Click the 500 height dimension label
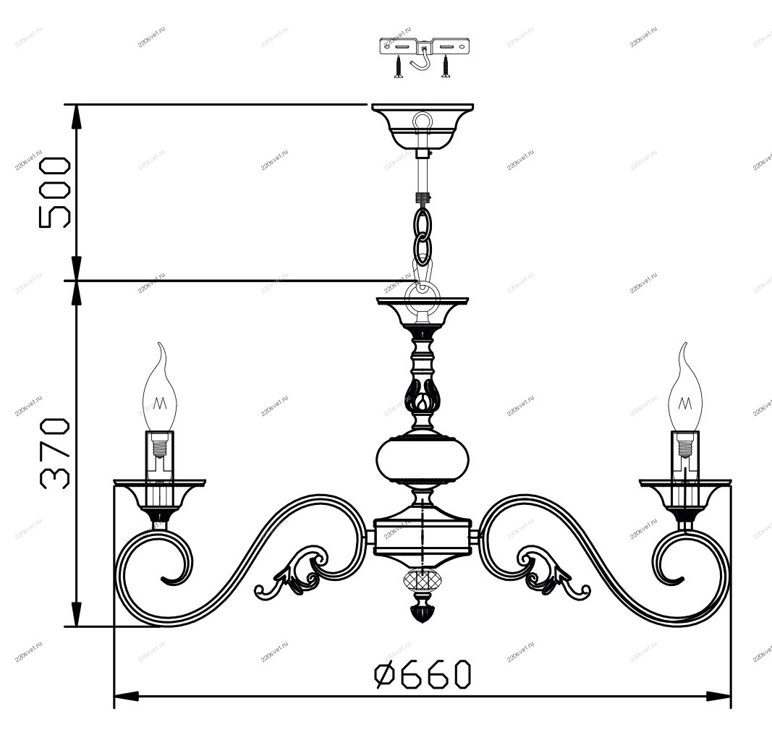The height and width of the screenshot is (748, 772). click(54, 192)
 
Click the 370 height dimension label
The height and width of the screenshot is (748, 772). click(54, 454)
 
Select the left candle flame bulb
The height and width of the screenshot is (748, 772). click(159, 388)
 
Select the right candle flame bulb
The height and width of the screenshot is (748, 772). click(684, 388)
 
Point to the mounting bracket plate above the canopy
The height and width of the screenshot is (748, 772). click(425, 46)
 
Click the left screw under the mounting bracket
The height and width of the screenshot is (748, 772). click(399, 67)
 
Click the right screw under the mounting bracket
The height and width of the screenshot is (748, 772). click(446, 67)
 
